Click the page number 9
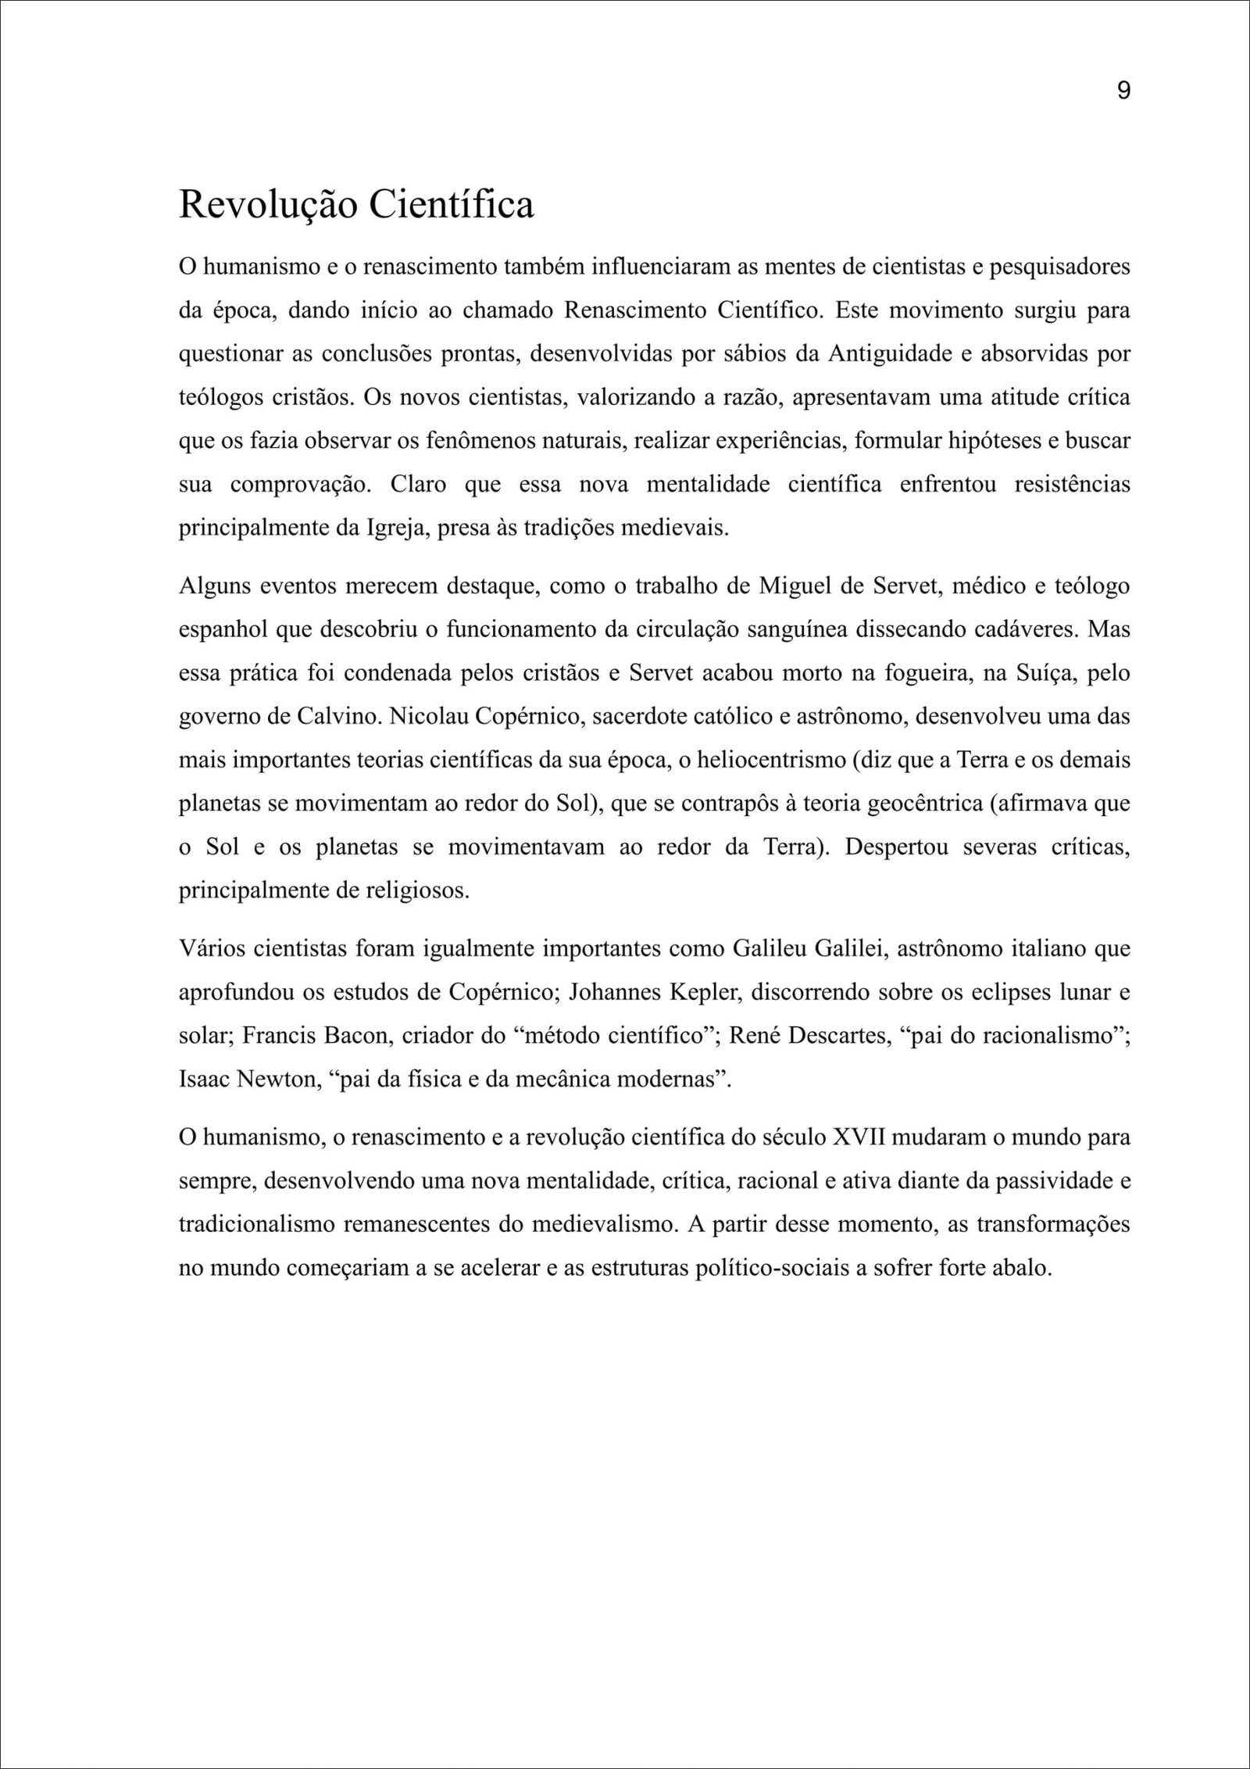[x=1123, y=91]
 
